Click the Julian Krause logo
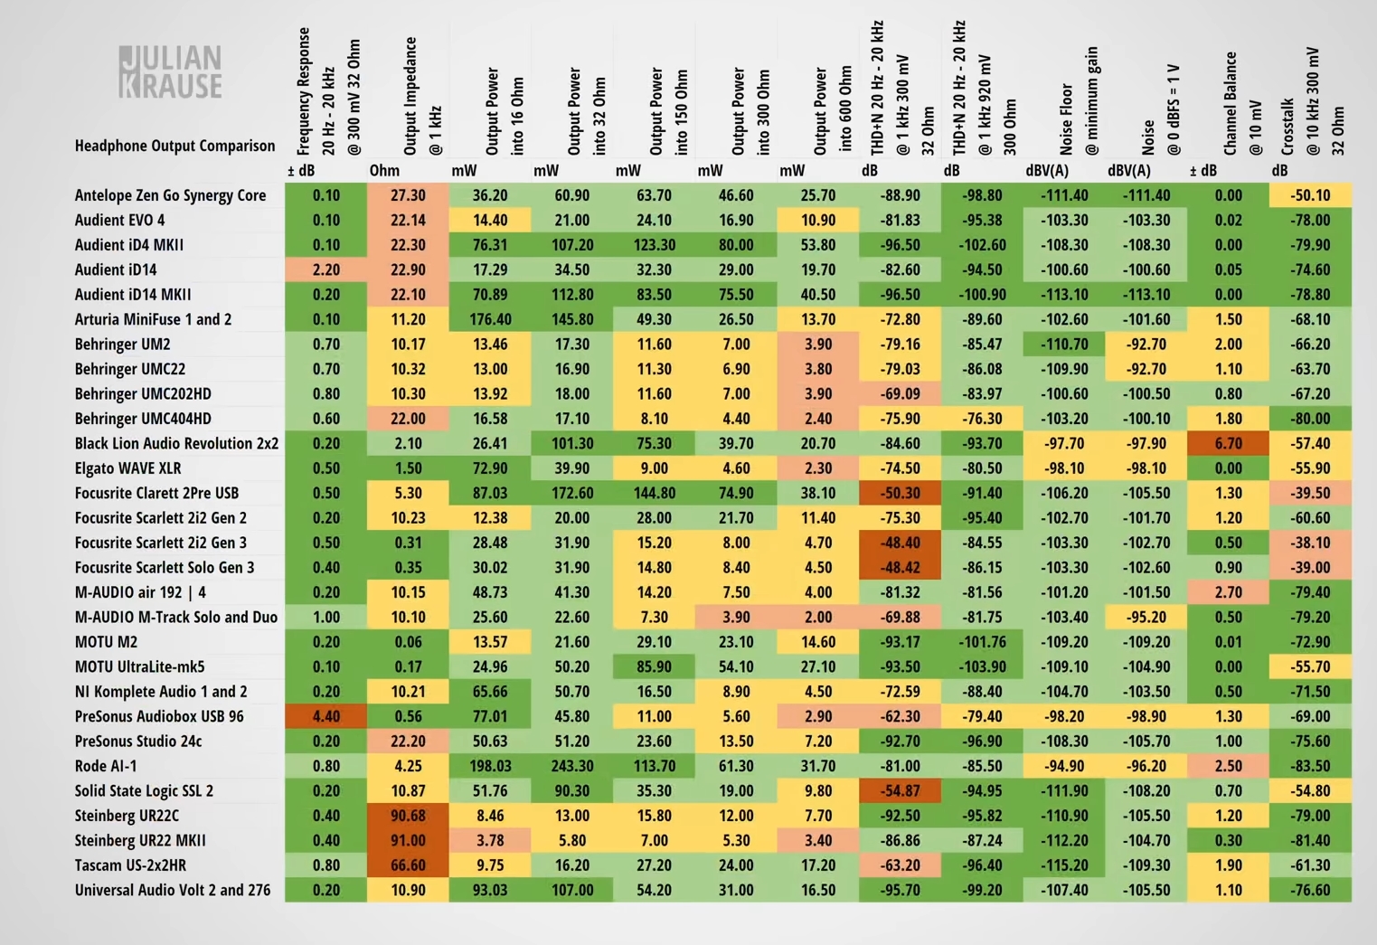(x=170, y=71)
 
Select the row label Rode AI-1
(x=106, y=766)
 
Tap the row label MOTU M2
(x=106, y=642)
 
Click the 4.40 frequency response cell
(x=326, y=716)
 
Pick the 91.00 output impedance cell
(x=408, y=840)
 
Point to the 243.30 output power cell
(x=572, y=766)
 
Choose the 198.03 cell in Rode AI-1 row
(x=490, y=766)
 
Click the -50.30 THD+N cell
(x=901, y=493)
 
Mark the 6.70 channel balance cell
(x=1228, y=443)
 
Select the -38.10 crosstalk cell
(x=1310, y=543)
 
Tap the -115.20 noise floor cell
(x=1064, y=865)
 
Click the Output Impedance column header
(x=422, y=95)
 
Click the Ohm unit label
(x=384, y=170)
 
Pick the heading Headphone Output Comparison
(x=174, y=146)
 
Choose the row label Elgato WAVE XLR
(x=127, y=468)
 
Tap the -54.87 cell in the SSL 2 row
(x=901, y=790)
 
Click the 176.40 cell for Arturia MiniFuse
(x=490, y=319)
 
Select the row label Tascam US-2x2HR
(x=130, y=865)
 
